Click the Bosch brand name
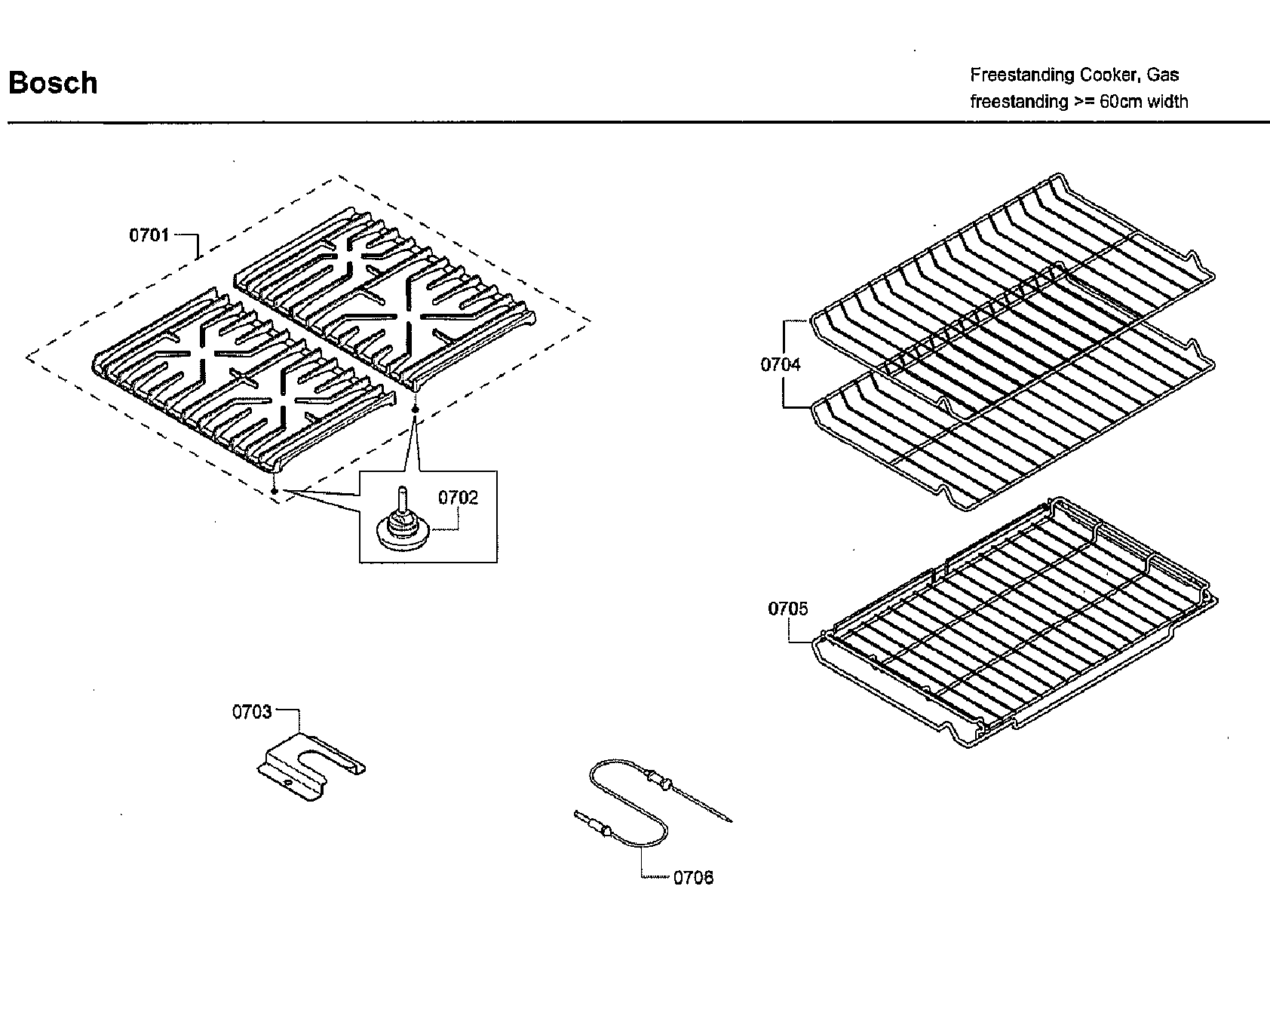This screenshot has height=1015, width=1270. pyautogui.click(x=53, y=83)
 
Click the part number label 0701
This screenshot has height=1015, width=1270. pyautogui.click(x=149, y=235)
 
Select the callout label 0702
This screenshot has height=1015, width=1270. pyautogui.click(x=458, y=498)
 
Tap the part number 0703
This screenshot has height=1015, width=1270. pyautogui.click(x=251, y=712)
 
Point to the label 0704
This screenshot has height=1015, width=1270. pyautogui.click(x=781, y=365)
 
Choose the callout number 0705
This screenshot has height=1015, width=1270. pyautogui.click(x=787, y=609)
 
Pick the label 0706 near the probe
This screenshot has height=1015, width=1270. pyautogui.click(x=692, y=878)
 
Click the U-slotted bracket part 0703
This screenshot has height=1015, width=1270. pyautogui.click(x=309, y=765)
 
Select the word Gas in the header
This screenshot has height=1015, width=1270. pyautogui.click(x=1164, y=75)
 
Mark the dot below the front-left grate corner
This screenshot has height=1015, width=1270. pyautogui.click(x=275, y=491)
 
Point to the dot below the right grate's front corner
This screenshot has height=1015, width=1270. pyautogui.click(x=415, y=408)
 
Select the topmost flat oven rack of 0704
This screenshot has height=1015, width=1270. pyautogui.click(x=1011, y=279)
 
